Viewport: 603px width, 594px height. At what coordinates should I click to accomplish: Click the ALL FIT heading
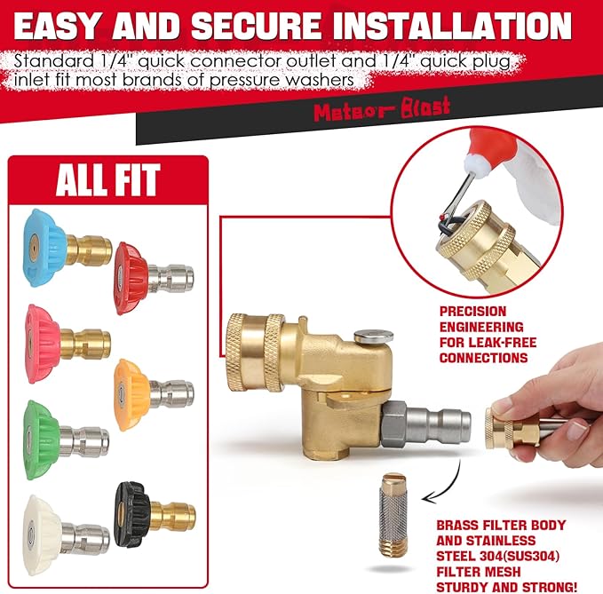[107, 180]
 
